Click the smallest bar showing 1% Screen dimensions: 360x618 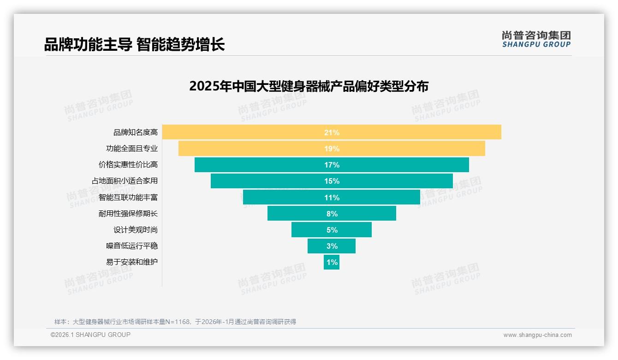pos(332,262)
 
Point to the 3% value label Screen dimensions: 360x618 pos(332,246)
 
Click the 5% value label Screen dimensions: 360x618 pos(332,230)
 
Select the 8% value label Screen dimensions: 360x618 pos(332,214)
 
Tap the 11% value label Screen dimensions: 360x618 pos(332,198)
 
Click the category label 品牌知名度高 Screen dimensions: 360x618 pos(136,132)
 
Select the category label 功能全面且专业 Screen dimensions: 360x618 pos(132,149)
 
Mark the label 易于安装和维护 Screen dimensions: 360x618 pos(132,262)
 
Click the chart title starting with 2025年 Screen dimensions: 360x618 pos(309,86)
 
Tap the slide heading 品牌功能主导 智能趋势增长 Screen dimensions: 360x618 pos(134,45)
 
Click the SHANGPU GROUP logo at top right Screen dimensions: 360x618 pos(536,39)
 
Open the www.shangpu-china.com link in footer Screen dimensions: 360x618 pos(537,335)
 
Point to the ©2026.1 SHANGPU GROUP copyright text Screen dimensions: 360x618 pos(90,335)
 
